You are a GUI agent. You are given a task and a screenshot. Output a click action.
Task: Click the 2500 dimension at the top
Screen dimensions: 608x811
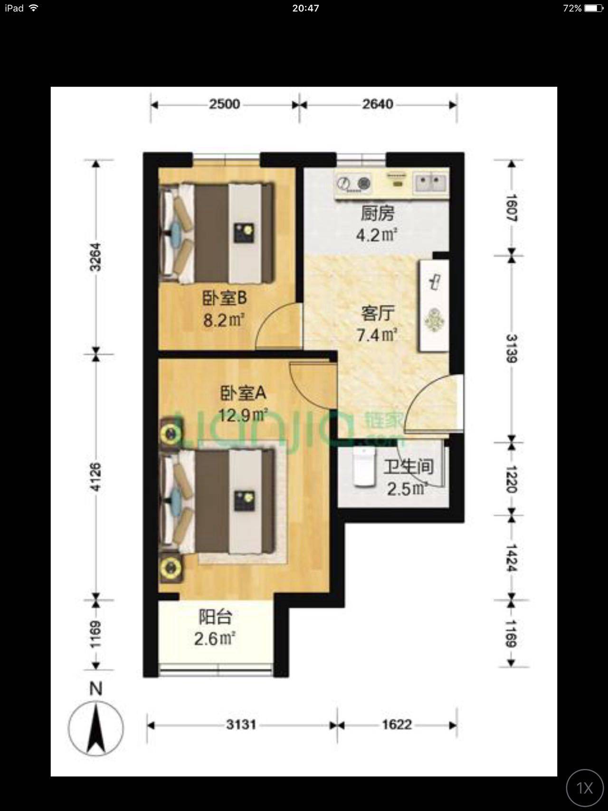[x=224, y=104]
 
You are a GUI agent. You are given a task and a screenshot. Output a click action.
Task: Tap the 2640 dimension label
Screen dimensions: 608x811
[x=378, y=104]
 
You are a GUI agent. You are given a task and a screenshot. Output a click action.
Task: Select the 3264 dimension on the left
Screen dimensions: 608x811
[x=95, y=257]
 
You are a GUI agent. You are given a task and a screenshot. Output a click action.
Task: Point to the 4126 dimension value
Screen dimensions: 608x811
[x=95, y=477]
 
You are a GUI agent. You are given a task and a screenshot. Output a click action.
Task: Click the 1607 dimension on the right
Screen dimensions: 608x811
[x=512, y=208]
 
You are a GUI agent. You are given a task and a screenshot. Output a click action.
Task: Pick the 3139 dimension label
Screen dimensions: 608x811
[x=512, y=349]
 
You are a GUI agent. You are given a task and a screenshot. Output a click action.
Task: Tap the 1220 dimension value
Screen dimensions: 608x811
[x=512, y=479]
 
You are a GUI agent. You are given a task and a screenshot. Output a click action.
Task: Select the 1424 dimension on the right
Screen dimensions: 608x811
[x=512, y=558]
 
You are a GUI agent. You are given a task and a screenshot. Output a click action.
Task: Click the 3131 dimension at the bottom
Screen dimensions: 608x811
[x=241, y=725]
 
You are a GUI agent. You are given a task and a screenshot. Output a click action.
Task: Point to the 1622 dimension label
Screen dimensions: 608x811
[x=397, y=725]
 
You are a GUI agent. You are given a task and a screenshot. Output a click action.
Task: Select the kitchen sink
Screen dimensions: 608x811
[x=431, y=182]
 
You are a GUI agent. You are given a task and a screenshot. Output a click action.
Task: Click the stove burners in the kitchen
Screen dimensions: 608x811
[x=354, y=182]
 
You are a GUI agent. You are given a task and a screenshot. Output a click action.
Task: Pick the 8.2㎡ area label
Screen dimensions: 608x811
[x=224, y=320]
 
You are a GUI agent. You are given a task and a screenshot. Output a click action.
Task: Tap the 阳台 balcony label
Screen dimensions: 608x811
[x=215, y=617]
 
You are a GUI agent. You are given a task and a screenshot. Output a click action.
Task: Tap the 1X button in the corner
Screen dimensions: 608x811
[x=585, y=788]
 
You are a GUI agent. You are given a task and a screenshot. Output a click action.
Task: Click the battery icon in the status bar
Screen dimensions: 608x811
[x=593, y=8]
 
